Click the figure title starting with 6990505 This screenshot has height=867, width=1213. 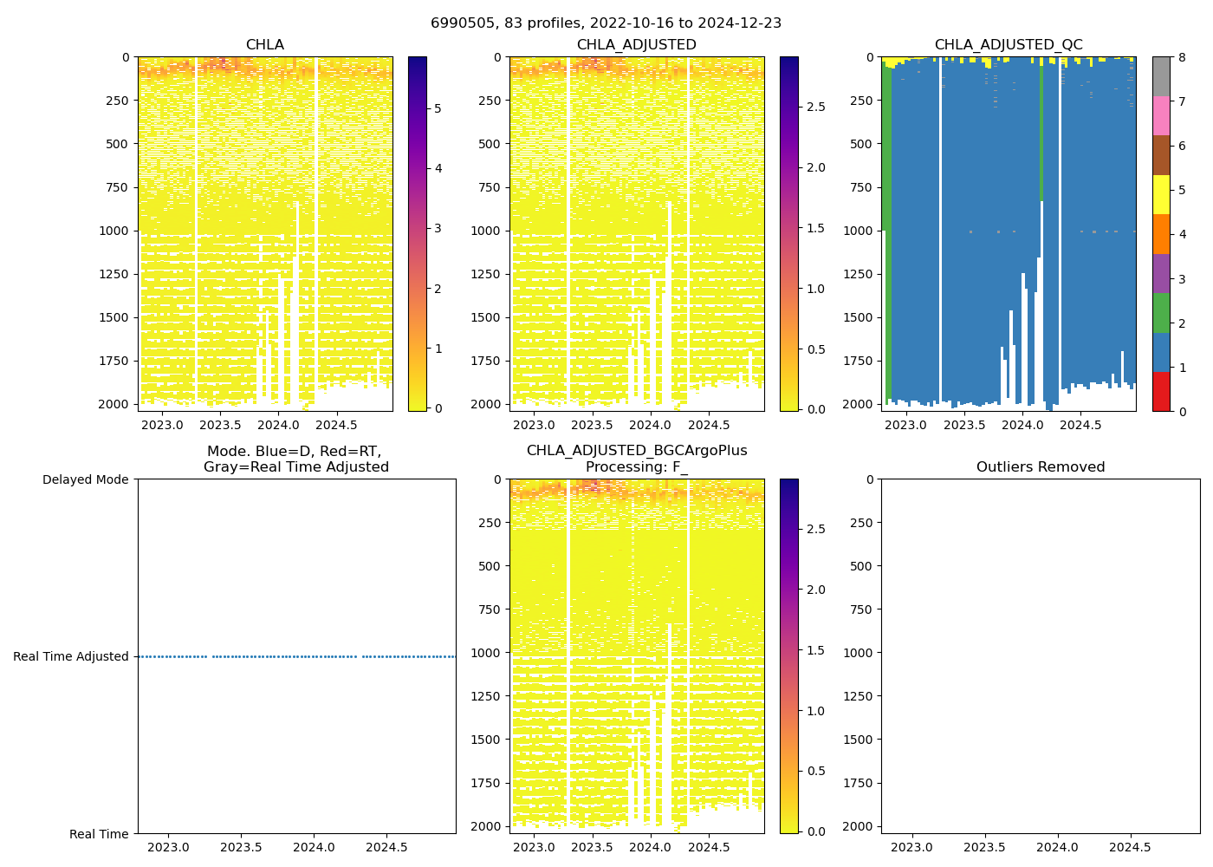click(x=606, y=23)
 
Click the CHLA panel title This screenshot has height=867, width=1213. click(x=264, y=45)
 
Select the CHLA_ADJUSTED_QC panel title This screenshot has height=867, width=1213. click(x=1008, y=45)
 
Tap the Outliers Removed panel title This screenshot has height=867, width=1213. click(x=1040, y=467)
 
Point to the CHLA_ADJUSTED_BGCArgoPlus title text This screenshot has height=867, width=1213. click(x=636, y=451)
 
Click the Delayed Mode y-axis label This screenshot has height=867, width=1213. click(x=85, y=479)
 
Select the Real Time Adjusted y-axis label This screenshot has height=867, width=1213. click(x=71, y=657)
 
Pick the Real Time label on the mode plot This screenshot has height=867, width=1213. click(x=99, y=834)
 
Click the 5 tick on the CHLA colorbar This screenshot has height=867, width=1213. click(x=438, y=108)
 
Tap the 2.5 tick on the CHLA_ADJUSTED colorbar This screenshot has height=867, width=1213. click(x=816, y=107)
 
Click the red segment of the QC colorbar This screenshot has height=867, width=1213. click(x=1161, y=392)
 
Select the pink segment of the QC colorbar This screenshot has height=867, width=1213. click(x=1161, y=115)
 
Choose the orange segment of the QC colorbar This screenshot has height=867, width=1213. click(x=1161, y=234)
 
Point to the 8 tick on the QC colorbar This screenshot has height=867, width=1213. click(x=1183, y=57)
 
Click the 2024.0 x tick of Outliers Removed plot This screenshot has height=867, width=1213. click(x=1057, y=847)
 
